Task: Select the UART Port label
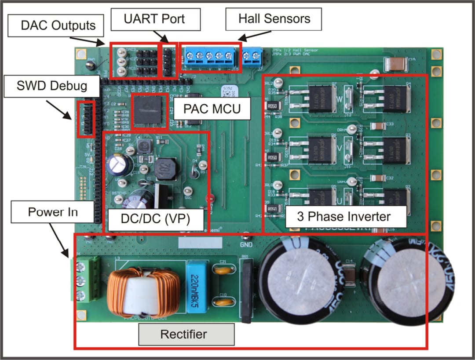[153, 19]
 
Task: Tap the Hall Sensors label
[274, 19]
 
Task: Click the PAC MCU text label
[212, 108]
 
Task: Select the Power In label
[52, 212]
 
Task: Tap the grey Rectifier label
[186, 334]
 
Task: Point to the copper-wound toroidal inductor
[144, 286]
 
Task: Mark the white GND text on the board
[246, 244]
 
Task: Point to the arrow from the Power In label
[59, 240]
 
